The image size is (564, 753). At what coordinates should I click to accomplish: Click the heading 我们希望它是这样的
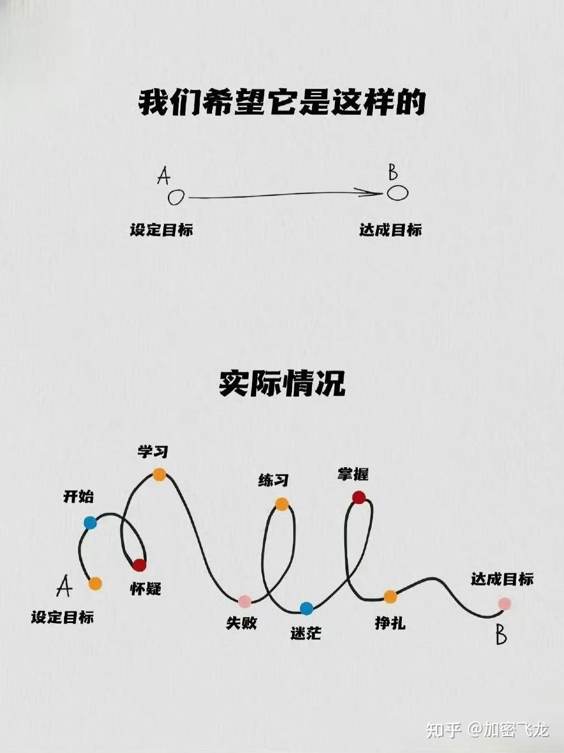[281, 103]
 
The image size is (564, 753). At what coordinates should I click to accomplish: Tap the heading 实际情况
[282, 384]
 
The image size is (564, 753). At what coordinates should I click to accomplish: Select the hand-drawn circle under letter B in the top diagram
[397, 192]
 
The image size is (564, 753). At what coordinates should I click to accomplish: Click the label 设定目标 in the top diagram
[162, 230]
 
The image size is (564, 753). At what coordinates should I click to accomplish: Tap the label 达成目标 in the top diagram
[391, 230]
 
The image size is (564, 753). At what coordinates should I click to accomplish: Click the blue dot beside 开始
[90, 523]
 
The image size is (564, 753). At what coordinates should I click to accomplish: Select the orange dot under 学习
[159, 474]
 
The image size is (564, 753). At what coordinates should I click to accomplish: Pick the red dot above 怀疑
[139, 565]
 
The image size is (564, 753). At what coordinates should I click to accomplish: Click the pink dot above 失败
[245, 601]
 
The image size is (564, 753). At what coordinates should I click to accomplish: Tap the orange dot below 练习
[282, 504]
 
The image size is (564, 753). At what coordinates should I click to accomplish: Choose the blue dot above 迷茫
[306, 608]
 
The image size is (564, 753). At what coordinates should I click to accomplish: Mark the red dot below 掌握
[359, 497]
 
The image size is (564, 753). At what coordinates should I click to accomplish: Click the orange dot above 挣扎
[390, 597]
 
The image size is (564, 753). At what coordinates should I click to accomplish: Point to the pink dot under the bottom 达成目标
[504, 604]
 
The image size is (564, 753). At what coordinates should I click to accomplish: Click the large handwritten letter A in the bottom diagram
[65, 586]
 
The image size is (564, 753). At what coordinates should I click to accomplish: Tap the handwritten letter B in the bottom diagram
[501, 635]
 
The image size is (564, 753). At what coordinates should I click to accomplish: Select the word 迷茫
[306, 633]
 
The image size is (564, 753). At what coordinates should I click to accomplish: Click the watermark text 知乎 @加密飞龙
[487, 729]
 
